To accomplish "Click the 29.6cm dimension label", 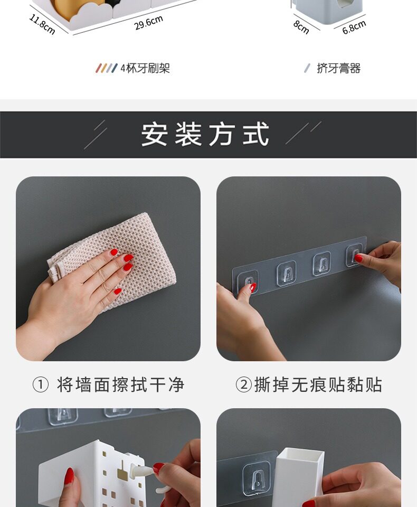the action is pyautogui.click(x=148, y=23).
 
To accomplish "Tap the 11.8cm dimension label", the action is pyautogui.click(x=42, y=24).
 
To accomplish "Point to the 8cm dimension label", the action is pyautogui.click(x=301, y=27).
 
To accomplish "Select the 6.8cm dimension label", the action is pyautogui.click(x=354, y=27).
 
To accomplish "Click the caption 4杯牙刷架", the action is pyautogui.click(x=145, y=68).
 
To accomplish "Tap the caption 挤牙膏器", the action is pyautogui.click(x=338, y=68).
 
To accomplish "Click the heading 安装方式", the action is pyautogui.click(x=205, y=134).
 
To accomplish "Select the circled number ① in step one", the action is pyautogui.click(x=41, y=385).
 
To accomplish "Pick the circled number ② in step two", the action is pyautogui.click(x=243, y=385).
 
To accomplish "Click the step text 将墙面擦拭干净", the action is pyautogui.click(x=120, y=385).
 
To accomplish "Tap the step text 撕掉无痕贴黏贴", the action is pyautogui.click(x=318, y=385).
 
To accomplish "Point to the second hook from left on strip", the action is pyautogui.click(x=287, y=273).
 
